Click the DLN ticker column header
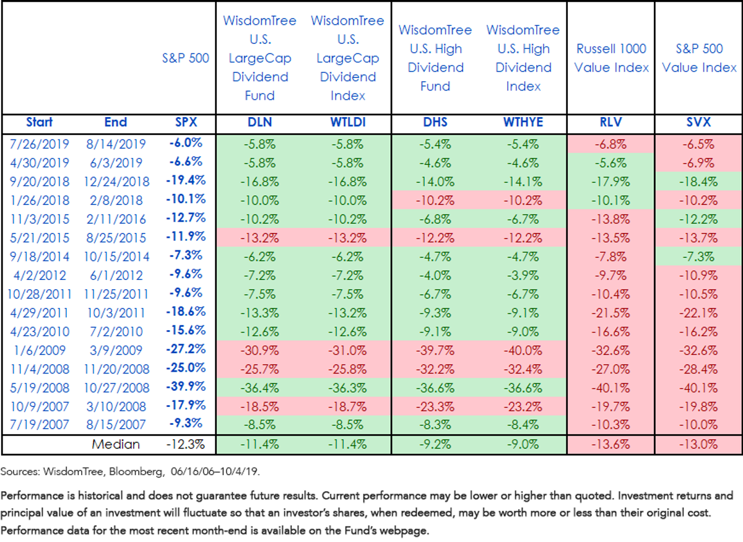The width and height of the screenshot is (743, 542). coord(259,123)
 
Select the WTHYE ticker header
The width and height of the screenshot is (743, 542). coord(523,123)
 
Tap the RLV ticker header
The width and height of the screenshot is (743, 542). coord(610,123)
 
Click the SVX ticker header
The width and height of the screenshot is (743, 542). coord(698,123)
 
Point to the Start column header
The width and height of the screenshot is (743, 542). coord(39,122)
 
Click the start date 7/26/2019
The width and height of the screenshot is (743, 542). coord(39,144)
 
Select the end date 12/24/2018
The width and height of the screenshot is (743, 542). coord(116,181)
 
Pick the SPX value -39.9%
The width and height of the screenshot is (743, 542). coord(186,387)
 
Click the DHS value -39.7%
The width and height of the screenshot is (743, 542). coord(435,351)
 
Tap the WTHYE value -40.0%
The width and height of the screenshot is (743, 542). coord(523,351)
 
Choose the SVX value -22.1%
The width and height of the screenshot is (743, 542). coord(698,313)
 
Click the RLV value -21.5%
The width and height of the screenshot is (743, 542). coord(610,313)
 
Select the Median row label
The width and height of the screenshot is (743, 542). coord(116,444)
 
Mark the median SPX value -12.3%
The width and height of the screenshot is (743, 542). coord(186,444)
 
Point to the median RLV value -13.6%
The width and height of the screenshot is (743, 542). coord(610,444)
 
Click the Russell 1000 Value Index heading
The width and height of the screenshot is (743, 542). coord(611,58)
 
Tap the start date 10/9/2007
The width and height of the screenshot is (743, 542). coord(40,407)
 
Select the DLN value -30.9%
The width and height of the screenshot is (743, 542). coord(259,351)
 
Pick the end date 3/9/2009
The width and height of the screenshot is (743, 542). coord(116,351)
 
